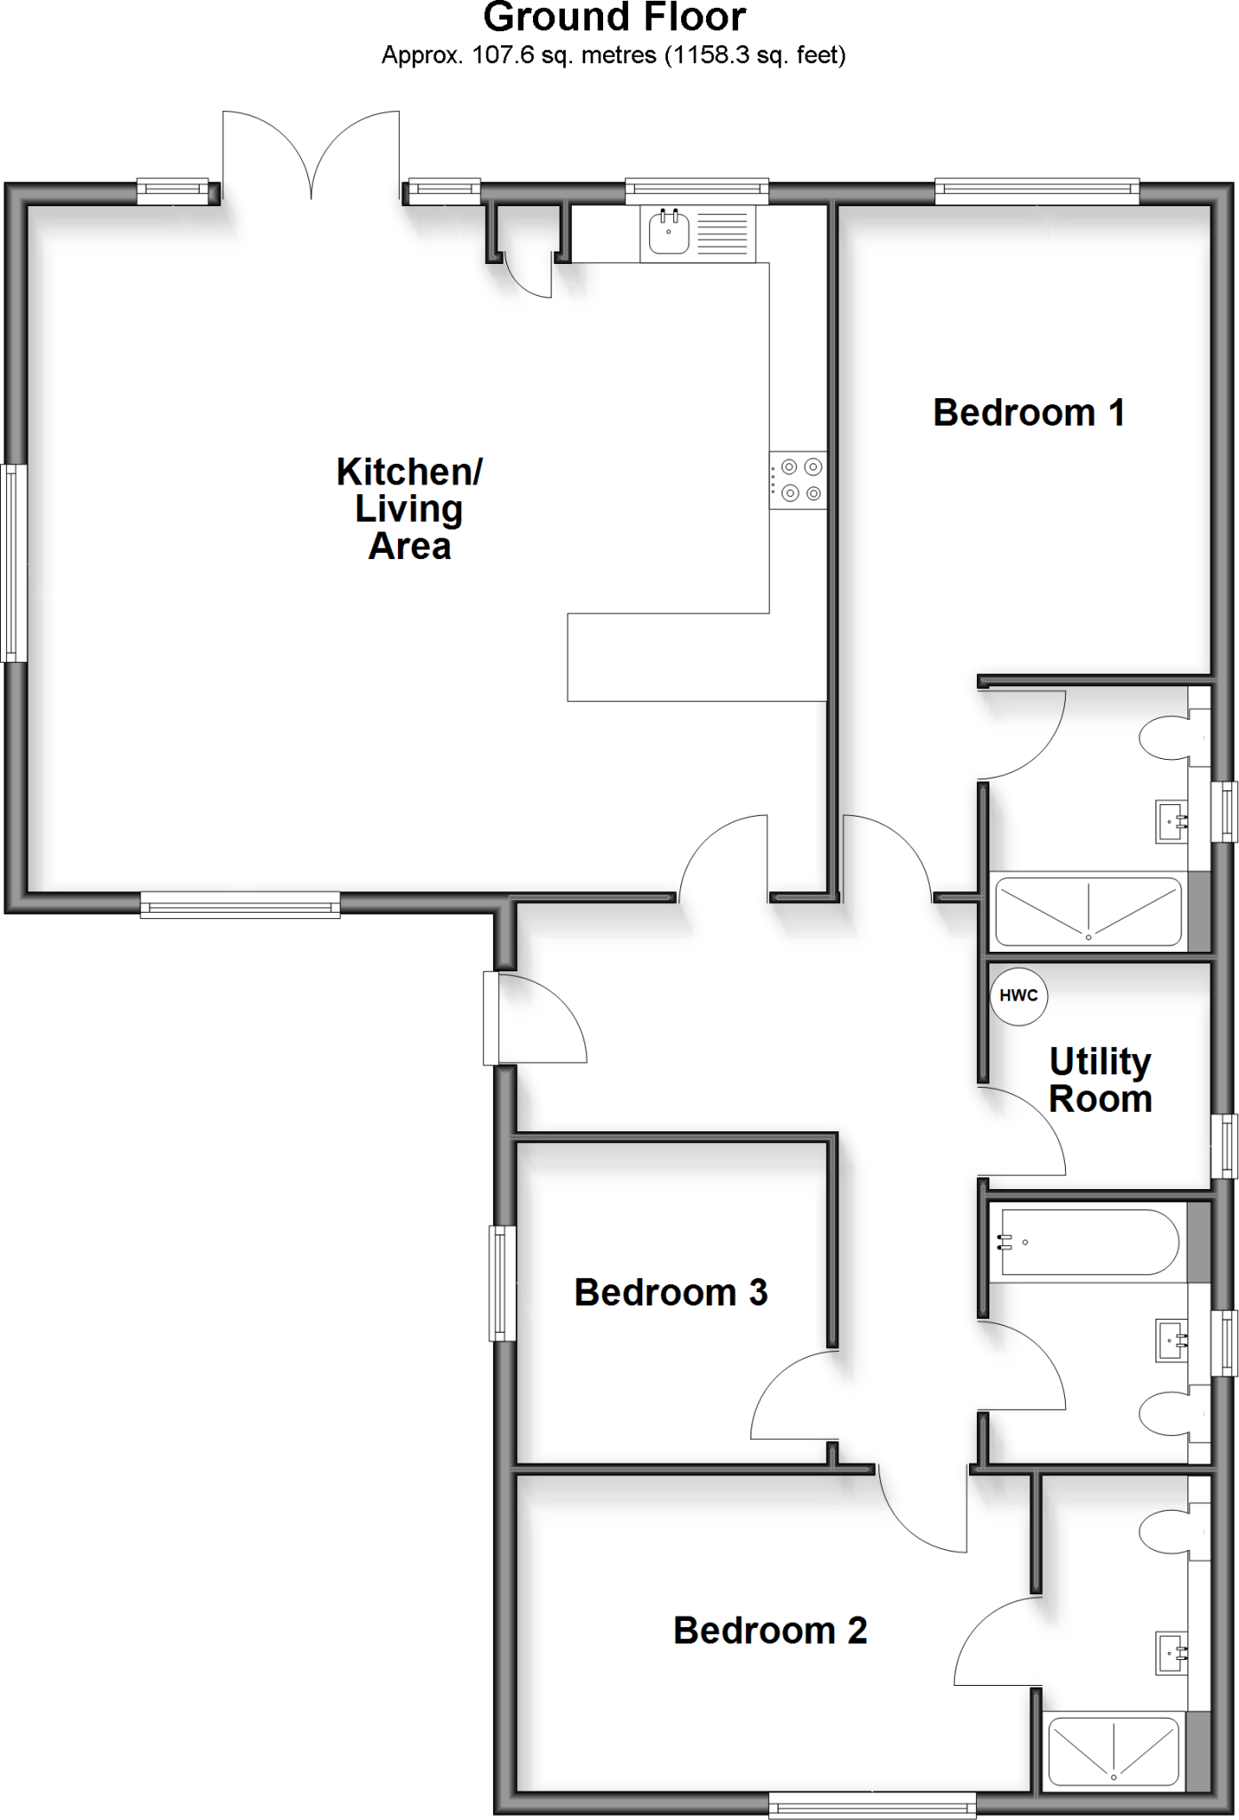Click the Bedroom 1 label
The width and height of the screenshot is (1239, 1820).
click(x=1029, y=413)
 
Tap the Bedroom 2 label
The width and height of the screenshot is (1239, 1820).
click(x=769, y=1631)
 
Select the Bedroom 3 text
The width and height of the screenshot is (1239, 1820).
click(x=671, y=1293)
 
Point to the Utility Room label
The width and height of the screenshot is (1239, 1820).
click(x=1100, y=1081)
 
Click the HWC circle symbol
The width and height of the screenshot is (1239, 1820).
click(x=1019, y=996)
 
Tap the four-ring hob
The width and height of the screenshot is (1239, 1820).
click(x=798, y=481)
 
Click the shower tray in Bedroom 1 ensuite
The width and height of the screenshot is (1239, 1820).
click(x=1088, y=912)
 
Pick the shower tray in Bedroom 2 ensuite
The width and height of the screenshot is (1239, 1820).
click(x=1114, y=1753)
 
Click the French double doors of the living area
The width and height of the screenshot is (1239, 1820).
click(x=311, y=156)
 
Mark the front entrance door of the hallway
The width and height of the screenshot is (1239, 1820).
click(x=536, y=1018)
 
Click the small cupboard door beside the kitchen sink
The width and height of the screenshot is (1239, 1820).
click(x=528, y=275)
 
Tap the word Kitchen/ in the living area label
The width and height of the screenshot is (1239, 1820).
click(x=409, y=472)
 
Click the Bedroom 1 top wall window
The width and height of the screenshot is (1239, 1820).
click(x=1036, y=189)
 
